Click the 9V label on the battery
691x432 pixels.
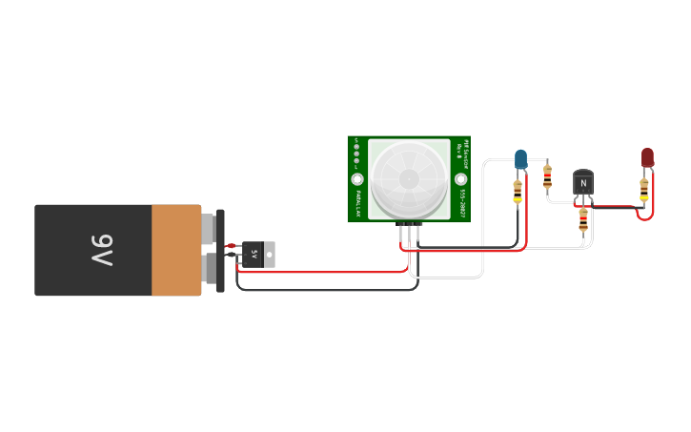pyautogui.click(x=102, y=250)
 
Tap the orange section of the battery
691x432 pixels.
pyautogui.click(x=176, y=250)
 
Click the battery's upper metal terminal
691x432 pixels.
pyautogui.click(x=208, y=228)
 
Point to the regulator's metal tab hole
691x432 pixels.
pyautogui.click(x=269, y=255)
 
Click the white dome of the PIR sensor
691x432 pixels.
pyautogui.click(x=409, y=178)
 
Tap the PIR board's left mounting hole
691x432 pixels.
pyautogui.click(x=357, y=179)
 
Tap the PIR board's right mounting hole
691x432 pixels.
pyautogui.click(x=460, y=179)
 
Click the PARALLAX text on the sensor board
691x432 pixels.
pyautogui.click(x=357, y=202)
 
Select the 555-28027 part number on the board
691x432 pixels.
pyautogui.click(x=461, y=202)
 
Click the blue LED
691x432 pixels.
pyautogui.click(x=520, y=157)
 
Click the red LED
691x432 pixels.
pyautogui.click(x=647, y=155)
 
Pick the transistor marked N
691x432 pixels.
pyautogui.click(x=583, y=183)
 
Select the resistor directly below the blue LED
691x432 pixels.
pyautogui.click(x=518, y=191)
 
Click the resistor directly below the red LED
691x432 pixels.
pyautogui.click(x=644, y=189)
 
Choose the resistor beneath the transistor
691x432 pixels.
pyautogui.click(x=583, y=220)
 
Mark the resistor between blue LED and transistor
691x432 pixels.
pyautogui.click(x=547, y=175)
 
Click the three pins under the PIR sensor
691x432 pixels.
pyautogui.click(x=410, y=227)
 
